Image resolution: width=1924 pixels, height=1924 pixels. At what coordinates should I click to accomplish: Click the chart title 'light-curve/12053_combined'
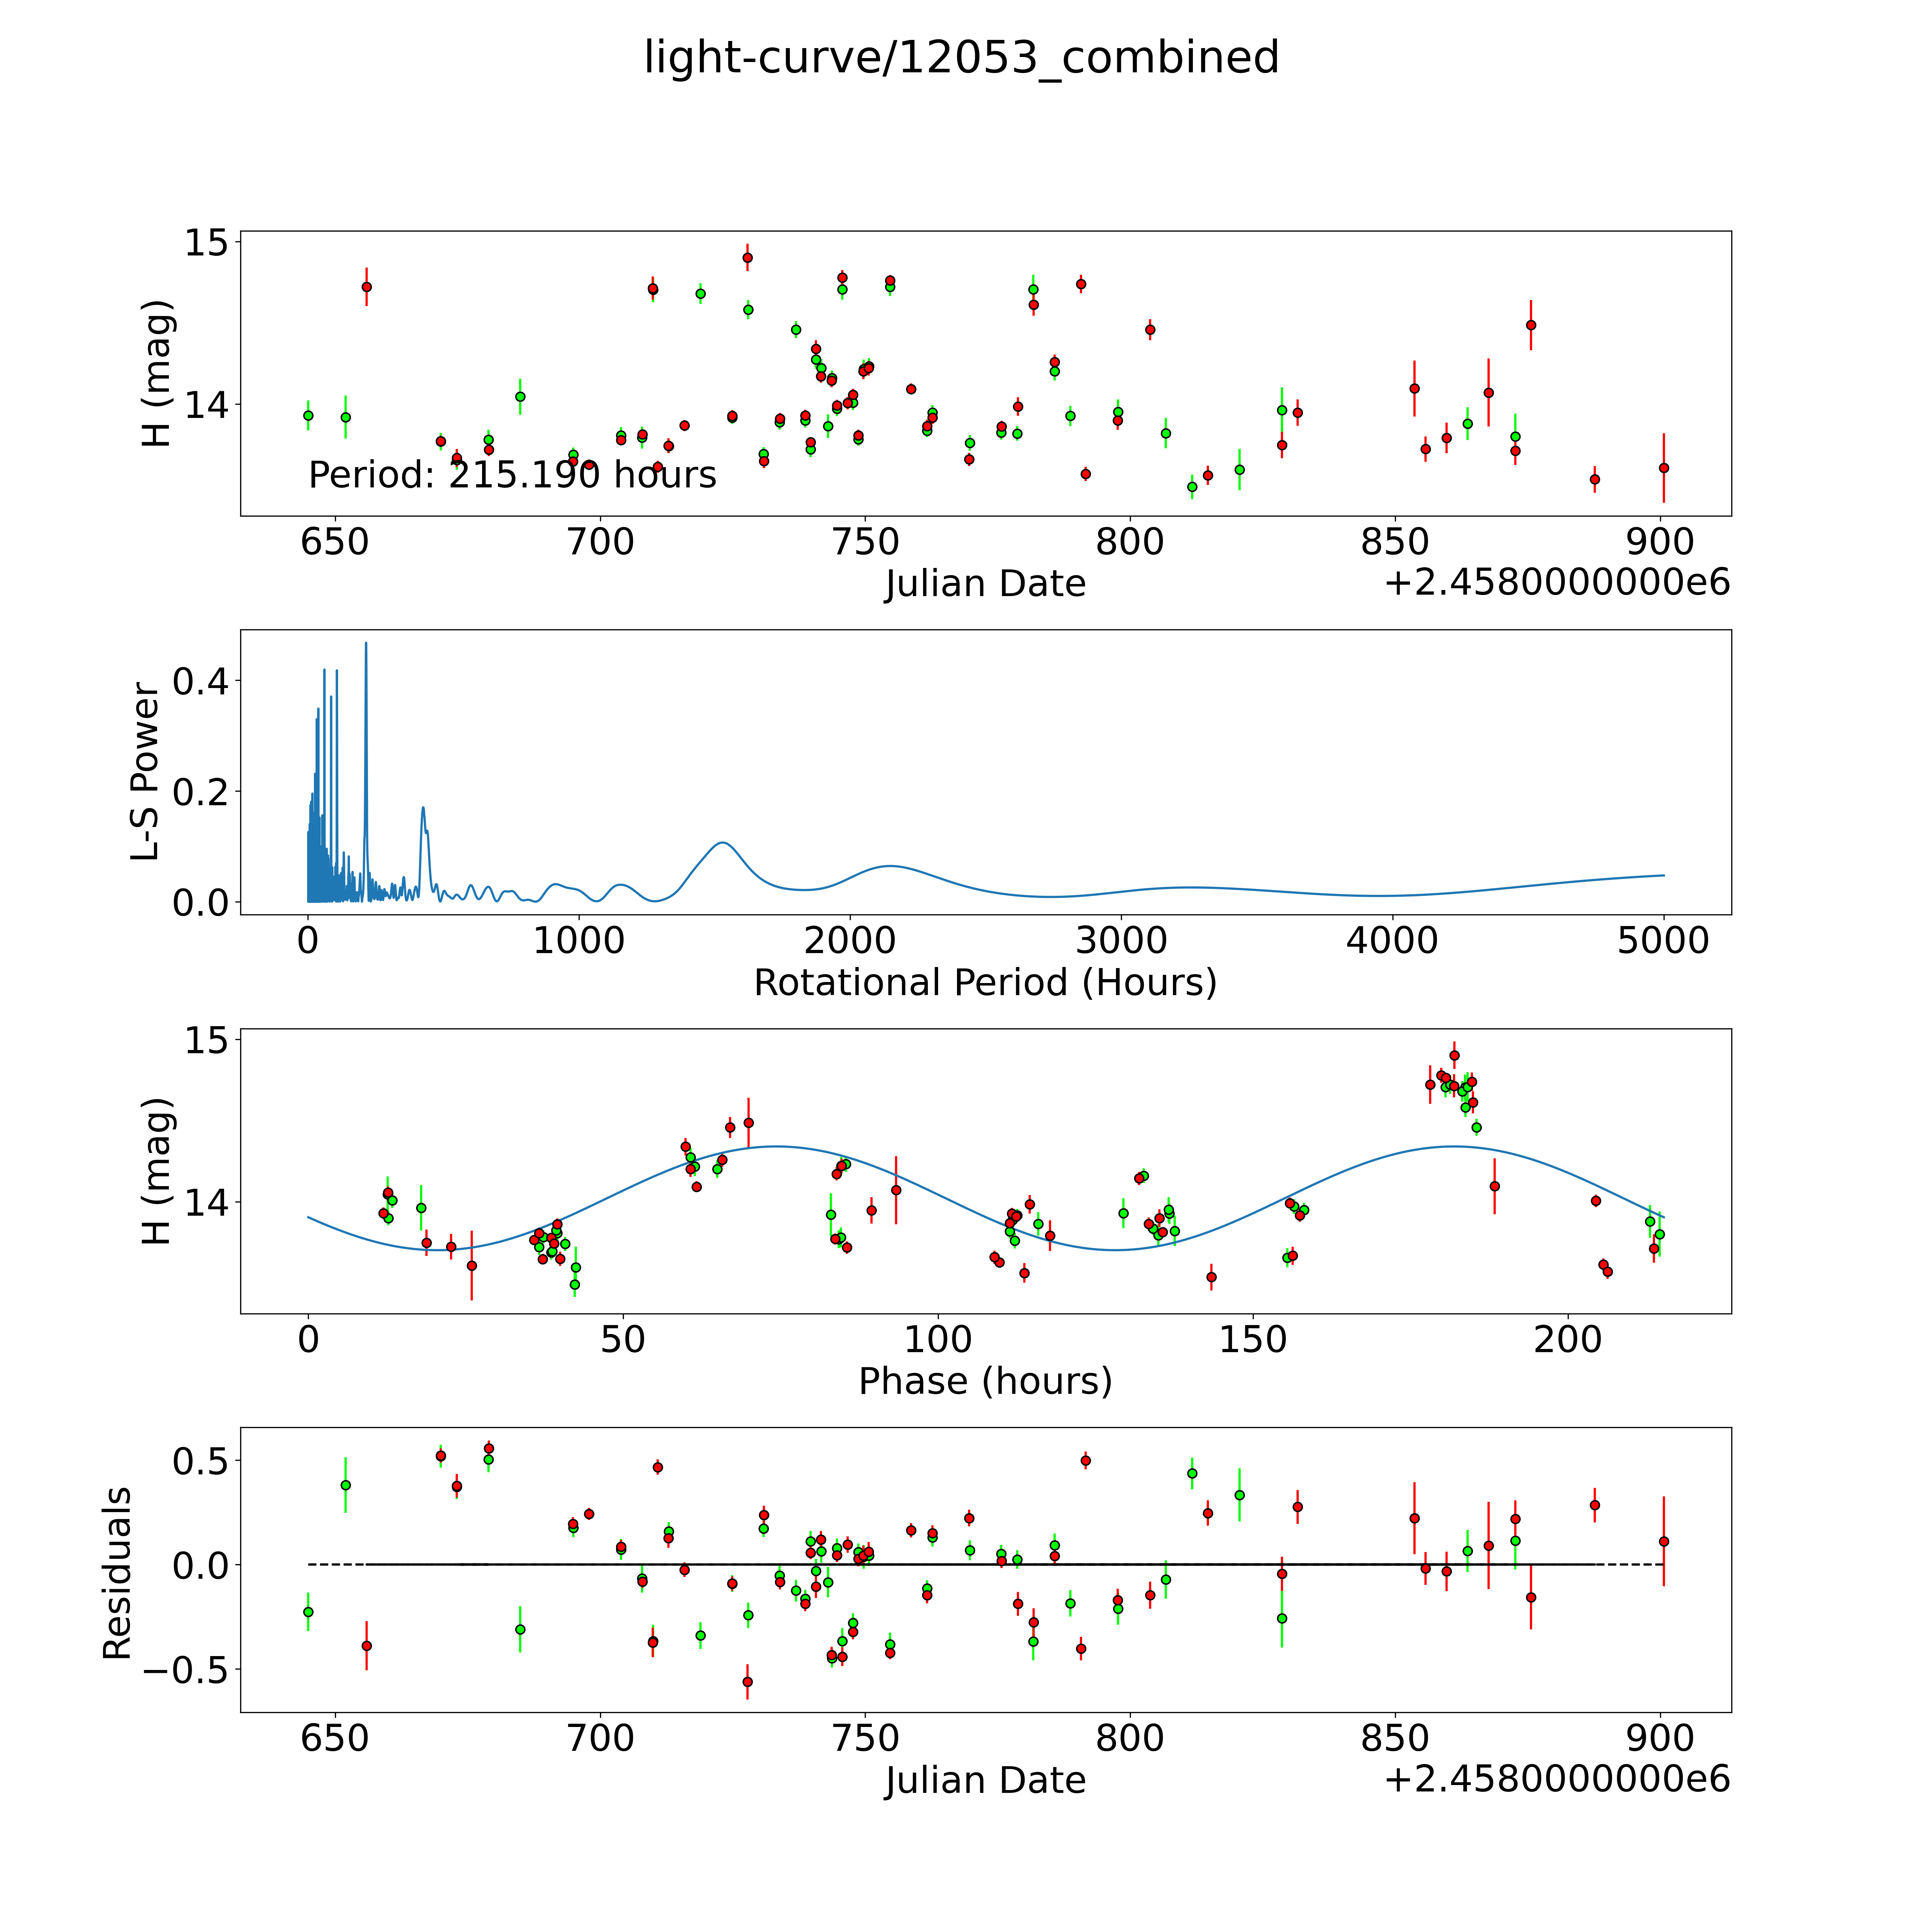(961, 58)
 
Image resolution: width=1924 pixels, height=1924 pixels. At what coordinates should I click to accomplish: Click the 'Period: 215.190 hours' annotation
(512, 475)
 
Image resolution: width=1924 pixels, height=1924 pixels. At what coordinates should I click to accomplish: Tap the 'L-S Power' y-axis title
(145, 772)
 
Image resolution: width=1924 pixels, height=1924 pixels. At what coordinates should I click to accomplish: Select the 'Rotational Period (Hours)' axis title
(985, 983)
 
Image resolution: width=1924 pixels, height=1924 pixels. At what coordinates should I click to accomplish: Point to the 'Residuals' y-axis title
(118, 1573)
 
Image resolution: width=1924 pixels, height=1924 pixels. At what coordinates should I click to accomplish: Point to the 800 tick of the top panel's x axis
(1129, 543)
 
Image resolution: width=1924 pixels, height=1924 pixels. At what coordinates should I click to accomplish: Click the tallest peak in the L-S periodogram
(366, 644)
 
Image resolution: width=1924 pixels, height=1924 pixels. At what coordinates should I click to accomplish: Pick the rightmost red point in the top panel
(1663, 468)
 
